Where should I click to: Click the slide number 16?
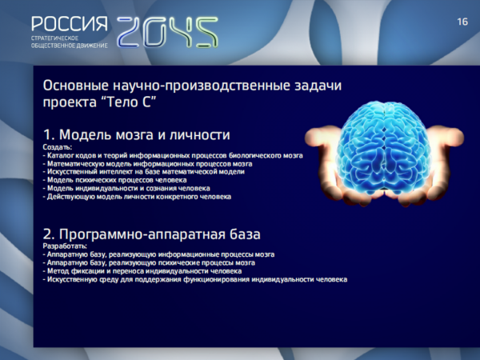[462, 22]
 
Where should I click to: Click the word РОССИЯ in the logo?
[70, 24]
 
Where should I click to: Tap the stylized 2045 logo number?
[167, 32]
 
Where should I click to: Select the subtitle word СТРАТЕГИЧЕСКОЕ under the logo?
[54, 38]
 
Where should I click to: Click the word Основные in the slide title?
[76, 86]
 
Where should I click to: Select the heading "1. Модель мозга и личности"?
[137, 134]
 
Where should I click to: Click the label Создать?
[58, 147]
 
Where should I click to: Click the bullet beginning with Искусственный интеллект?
[143, 172]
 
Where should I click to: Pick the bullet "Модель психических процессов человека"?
[114, 180]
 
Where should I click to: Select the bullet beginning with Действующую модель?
[137, 197]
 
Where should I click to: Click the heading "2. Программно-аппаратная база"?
[151, 234]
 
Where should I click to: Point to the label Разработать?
[65, 246]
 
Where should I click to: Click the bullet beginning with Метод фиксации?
[142, 271]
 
